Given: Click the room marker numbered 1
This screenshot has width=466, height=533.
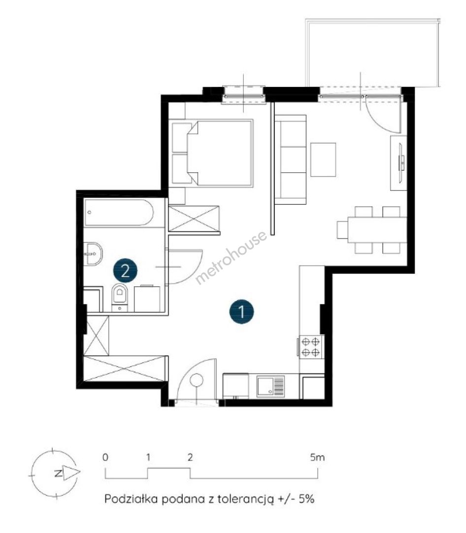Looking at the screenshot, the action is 241,311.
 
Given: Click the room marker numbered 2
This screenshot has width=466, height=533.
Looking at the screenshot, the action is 125,271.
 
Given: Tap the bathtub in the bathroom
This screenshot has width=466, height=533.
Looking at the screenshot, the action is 119,213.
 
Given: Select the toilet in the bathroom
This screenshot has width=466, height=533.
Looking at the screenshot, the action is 120,297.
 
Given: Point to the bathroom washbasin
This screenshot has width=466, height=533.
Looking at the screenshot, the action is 93,254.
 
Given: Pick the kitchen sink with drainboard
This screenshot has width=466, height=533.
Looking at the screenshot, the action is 270,386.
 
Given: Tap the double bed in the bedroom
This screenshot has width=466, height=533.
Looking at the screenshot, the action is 213,152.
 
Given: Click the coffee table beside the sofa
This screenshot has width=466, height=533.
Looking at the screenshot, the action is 323,159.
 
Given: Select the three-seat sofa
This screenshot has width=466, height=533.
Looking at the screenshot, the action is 291,160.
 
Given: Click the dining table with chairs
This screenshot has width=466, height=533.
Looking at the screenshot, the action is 372,230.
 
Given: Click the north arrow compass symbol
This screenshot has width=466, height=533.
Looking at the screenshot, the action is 55,473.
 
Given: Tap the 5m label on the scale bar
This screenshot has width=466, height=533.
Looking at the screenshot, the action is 317,457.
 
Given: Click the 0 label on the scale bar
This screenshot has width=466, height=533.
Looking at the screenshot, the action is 105,457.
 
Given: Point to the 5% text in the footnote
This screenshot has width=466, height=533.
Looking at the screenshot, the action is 307,499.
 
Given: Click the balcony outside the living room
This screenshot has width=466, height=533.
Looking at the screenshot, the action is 373,53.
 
